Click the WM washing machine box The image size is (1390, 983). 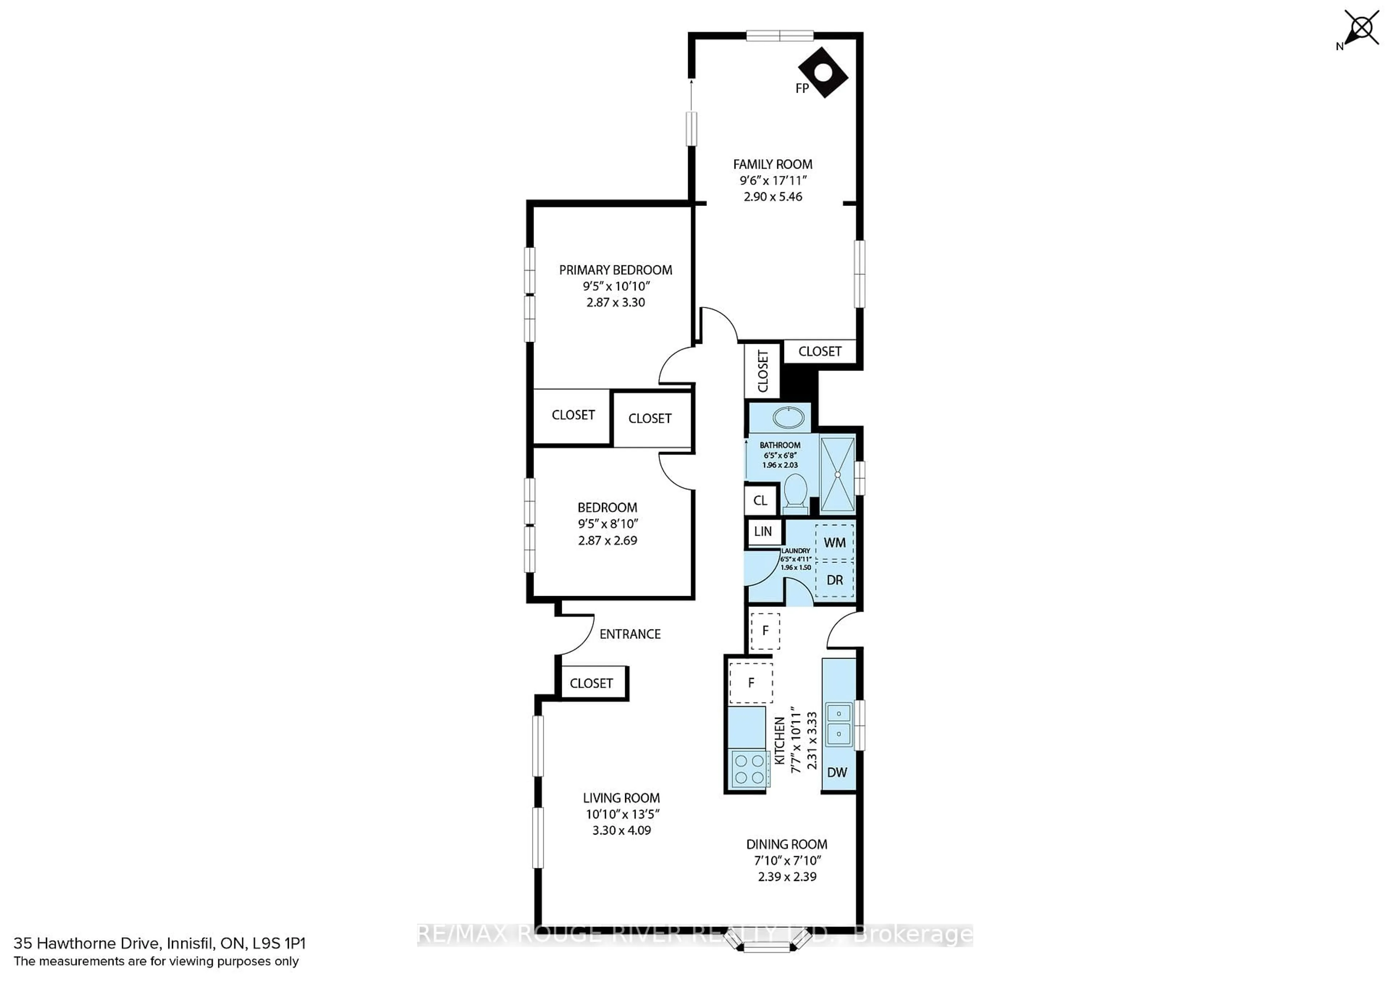point(834,542)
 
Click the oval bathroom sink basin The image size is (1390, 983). point(788,418)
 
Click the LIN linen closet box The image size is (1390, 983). point(763,531)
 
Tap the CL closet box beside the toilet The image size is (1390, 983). point(761,500)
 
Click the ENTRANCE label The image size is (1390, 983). point(629,634)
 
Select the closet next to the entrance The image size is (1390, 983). point(591,683)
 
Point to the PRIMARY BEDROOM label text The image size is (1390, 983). point(615,270)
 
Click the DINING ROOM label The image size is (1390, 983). point(787,844)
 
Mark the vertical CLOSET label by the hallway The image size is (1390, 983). point(762,371)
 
